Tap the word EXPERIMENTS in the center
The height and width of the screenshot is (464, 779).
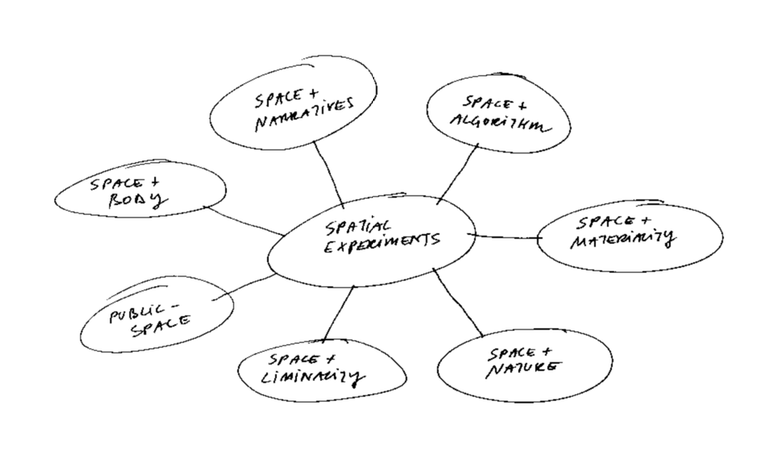click(382, 242)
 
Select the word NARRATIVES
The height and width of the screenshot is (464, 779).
click(304, 115)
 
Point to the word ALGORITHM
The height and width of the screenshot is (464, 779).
click(501, 124)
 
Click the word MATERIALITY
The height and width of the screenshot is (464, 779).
click(623, 238)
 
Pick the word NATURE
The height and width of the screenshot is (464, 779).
click(523, 370)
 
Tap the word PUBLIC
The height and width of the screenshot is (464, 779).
click(135, 313)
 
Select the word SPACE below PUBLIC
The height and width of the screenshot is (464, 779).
click(160, 327)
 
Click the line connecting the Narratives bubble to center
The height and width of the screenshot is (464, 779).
click(329, 173)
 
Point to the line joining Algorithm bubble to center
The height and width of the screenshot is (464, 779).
click(457, 174)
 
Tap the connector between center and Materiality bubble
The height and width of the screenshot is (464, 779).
click(506, 237)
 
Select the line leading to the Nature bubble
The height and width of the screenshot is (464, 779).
click(458, 302)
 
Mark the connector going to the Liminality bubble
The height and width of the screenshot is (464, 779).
click(338, 314)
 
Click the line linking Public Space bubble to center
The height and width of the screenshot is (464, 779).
click(244, 287)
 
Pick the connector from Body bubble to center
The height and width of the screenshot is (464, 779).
click(243, 221)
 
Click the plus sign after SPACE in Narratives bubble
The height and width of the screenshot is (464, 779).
click(313, 93)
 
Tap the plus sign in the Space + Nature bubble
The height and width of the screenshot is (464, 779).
click(545, 352)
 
